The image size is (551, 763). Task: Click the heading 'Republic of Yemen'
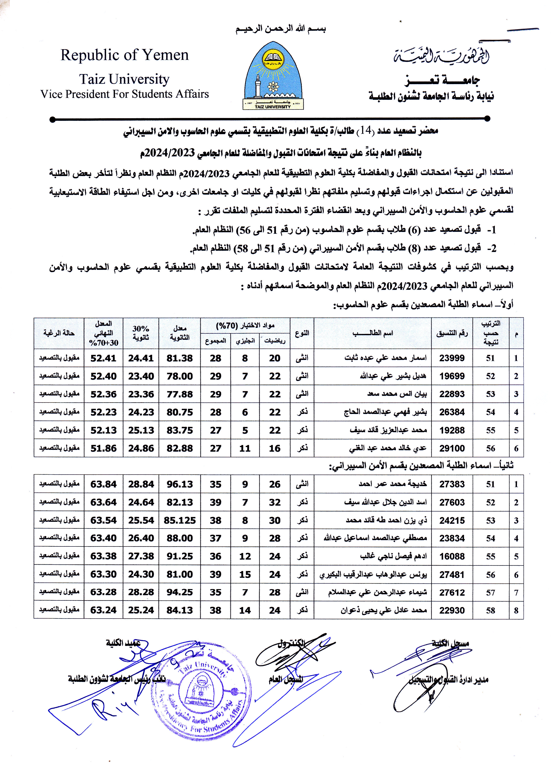(124, 55)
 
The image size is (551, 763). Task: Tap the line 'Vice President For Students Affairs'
(124, 94)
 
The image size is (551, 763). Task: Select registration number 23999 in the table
(452, 358)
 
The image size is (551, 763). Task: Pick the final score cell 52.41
(103, 358)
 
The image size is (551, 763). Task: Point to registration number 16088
(452, 556)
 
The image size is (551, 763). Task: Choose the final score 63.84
(103, 484)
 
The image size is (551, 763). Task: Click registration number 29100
(452, 448)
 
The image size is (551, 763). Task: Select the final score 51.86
(103, 448)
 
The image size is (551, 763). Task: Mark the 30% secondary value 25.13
(141, 430)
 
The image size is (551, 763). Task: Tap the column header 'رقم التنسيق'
(452, 333)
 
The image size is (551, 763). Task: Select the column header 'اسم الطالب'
(372, 333)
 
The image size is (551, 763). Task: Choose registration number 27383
(452, 484)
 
